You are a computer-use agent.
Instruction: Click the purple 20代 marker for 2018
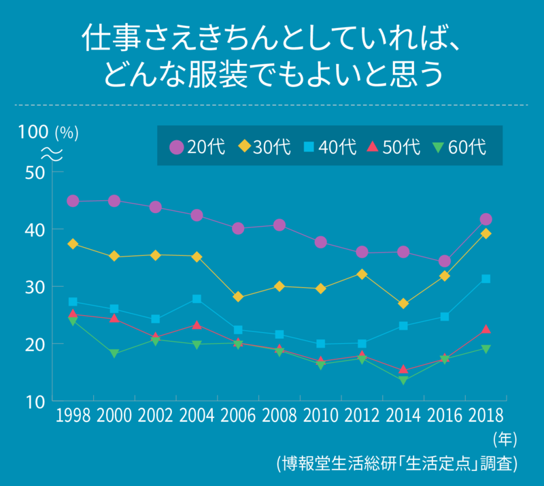click(x=486, y=219)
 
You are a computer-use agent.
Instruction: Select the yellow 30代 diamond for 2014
click(x=403, y=304)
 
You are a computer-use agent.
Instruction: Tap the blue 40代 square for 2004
click(x=197, y=299)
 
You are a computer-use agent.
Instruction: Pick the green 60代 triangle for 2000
click(x=114, y=353)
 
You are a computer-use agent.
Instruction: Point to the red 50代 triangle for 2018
click(x=486, y=329)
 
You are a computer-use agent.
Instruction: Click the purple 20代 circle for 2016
click(x=445, y=261)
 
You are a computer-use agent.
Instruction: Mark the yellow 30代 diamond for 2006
click(x=238, y=297)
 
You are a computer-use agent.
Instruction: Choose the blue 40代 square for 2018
click(x=486, y=279)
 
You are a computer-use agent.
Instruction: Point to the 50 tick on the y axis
click(x=35, y=172)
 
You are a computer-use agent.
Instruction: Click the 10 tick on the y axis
click(x=35, y=401)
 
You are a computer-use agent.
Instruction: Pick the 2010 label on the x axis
click(x=320, y=416)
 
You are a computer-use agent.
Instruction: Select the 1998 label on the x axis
click(x=73, y=416)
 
